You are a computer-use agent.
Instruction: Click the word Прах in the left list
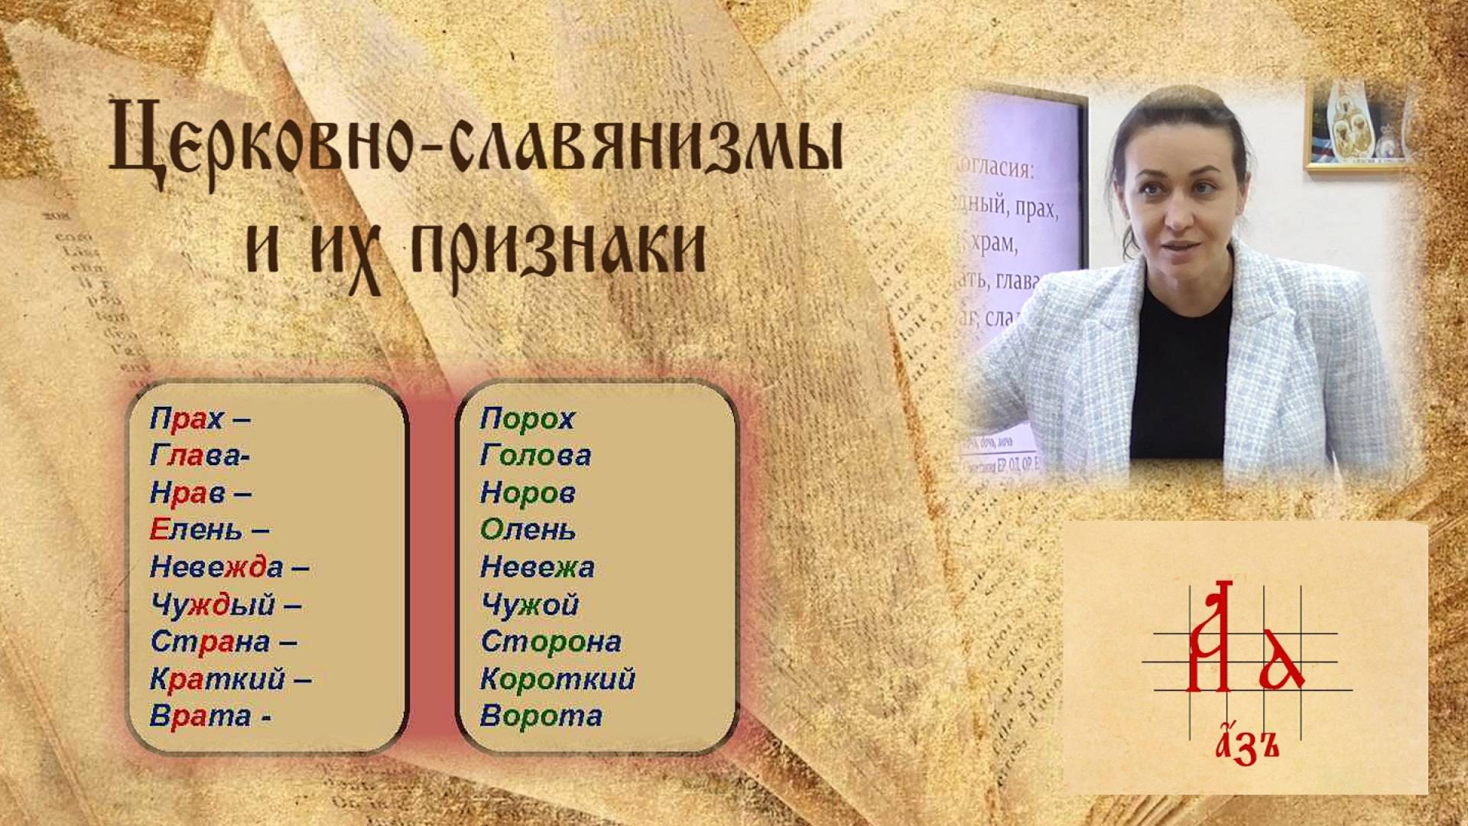pyautogui.click(x=187, y=419)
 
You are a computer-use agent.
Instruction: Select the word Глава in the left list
pyautogui.click(x=196, y=457)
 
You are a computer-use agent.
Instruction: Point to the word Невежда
pyautogui.click(x=216, y=567)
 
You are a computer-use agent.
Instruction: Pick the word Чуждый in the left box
pyautogui.click(x=212, y=605)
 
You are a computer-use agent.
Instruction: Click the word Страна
pyautogui.click(x=209, y=642)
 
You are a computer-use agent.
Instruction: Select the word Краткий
pyautogui.click(x=217, y=679)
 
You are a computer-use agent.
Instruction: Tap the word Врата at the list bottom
pyautogui.click(x=200, y=717)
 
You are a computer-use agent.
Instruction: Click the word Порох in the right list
pyautogui.click(x=527, y=419)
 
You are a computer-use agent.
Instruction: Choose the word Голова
pyautogui.click(x=535, y=457)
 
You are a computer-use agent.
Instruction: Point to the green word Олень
pyautogui.click(x=528, y=530)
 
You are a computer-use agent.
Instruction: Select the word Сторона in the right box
pyautogui.click(x=550, y=642)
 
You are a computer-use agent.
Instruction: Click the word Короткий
pyautogui.click(x=557, y=679)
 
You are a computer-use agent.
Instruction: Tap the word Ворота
pyautogui.click(x=541, y=717)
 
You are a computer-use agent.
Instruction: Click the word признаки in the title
pyautogui.click(x=558, y=245)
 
